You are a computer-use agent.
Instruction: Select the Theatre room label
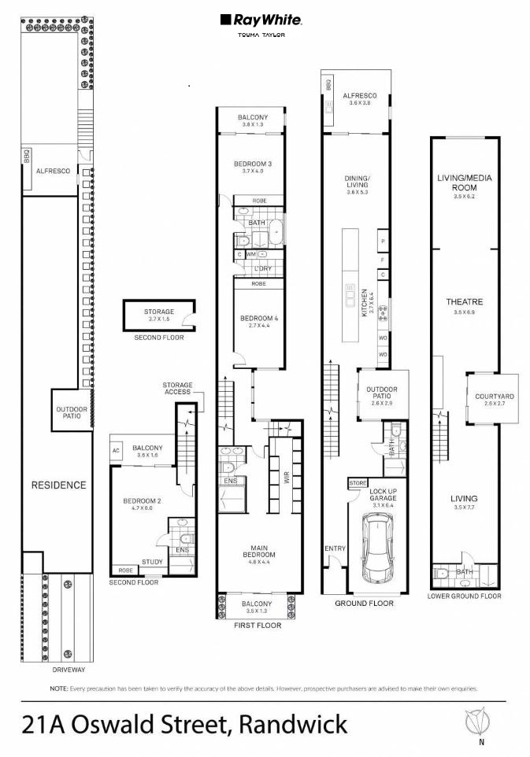point(464,302)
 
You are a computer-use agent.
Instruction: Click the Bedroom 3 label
point(253,164)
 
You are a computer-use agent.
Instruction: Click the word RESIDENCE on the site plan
point(58,485)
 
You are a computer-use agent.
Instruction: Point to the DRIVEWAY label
point(67,670)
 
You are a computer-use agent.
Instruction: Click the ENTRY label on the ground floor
point(333,548)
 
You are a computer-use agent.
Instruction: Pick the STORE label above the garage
point(358,482)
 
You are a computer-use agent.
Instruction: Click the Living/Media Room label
point(464,183)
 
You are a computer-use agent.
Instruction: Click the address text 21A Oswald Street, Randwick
point(185,723)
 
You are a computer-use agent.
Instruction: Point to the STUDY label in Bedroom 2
point(151,562)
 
